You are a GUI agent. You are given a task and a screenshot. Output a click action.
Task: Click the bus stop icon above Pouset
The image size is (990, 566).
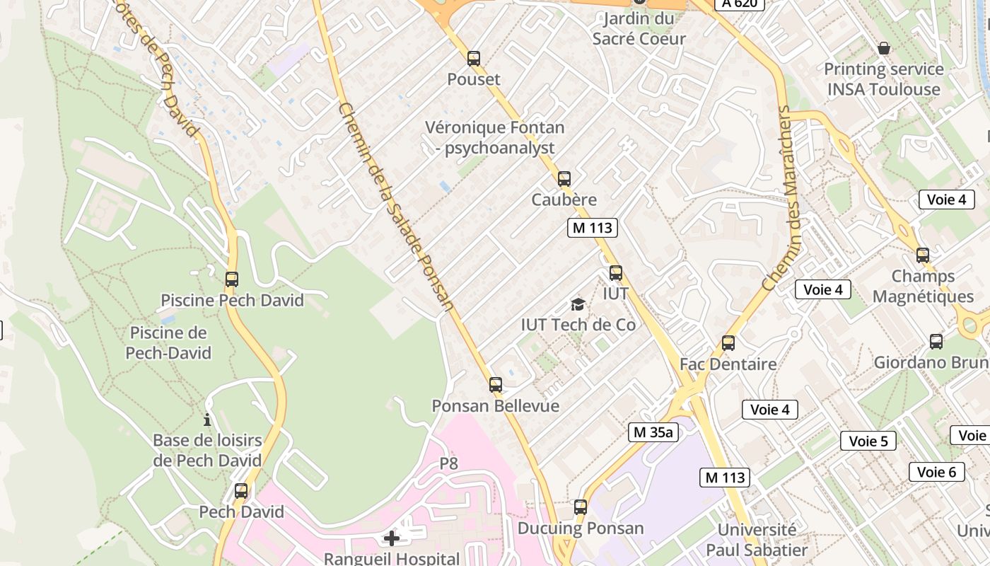(x=474, y=59)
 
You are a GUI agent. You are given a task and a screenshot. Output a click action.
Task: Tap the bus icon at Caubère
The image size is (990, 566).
(x=564, y=179)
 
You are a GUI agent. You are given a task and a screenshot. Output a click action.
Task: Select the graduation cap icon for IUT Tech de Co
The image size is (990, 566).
(x=578, y=305)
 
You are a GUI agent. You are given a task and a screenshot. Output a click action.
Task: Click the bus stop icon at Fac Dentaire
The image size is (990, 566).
(x=728, y=343)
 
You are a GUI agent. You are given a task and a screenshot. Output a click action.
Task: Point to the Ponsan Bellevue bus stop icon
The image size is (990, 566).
(x=496, y=385)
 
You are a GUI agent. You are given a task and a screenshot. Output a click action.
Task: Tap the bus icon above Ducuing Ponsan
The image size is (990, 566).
(x=581, y=507)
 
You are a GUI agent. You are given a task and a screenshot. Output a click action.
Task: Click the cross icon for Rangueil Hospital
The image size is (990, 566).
(x=391, y=538)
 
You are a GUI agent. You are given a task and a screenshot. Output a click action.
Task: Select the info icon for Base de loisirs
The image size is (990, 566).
(x=207, y=419)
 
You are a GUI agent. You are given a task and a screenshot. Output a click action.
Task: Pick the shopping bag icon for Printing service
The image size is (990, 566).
(x=884, y=48)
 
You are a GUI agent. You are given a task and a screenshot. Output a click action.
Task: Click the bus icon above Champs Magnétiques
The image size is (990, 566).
(x=923, y=255)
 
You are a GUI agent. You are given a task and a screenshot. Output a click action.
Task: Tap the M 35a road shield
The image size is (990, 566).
(x=653, y=432)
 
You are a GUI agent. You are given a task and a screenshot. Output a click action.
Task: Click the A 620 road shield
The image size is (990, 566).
(x=740, y=4)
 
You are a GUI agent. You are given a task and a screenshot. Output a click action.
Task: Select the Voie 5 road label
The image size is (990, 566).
(x=868, y=441)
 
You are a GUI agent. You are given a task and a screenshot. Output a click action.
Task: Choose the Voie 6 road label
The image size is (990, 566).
(x=936, y=472)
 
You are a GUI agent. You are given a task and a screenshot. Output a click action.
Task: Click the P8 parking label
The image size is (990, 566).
(x=449, y=463)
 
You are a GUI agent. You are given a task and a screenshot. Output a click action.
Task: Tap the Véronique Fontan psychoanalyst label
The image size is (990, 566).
(x=495, y=138)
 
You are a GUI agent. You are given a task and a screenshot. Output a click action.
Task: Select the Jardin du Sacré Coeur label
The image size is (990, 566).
(x=639, y=28)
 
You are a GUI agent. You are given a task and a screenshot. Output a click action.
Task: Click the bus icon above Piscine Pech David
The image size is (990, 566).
(x=232, y=279)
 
